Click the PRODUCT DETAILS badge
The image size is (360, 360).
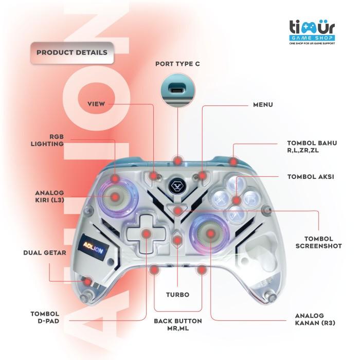click(71, 52)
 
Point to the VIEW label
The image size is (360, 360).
click(96, 104)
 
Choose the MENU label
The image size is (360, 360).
click(263, 104)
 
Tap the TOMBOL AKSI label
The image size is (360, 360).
click(310, 176)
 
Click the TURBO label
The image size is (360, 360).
click(177, 295)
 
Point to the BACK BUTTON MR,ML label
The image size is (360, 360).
click(177, 324)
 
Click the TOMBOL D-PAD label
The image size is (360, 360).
click(45, 317)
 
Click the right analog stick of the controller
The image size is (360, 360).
click(211, 235)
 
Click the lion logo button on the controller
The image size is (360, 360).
click(177, 184)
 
